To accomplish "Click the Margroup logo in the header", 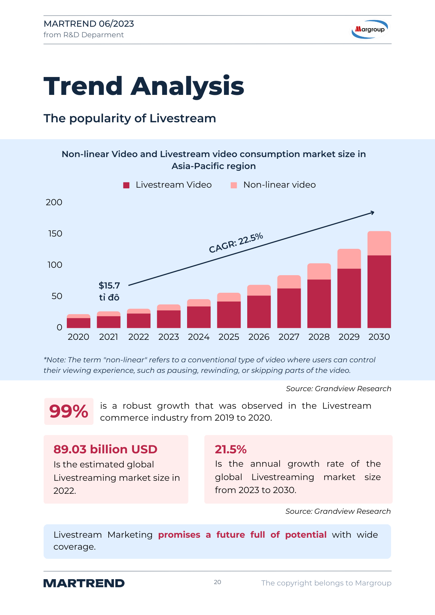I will click(x=370, y=29).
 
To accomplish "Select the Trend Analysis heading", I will click(x=144, y=86).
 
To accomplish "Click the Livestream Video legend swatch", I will click(x=126, y=185).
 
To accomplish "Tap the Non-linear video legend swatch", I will click(x=234, y=185).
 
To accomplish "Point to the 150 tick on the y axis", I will click(x=55, y=234).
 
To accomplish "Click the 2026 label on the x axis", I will click(x=259, y=337).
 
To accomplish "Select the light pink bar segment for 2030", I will click(x=379, y=243).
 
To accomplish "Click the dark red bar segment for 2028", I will click(x=319, y=304).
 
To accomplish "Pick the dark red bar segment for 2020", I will click(x=78, y=323).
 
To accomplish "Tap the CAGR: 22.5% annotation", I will click(x=236, y=243).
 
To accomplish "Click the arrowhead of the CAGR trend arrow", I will click(x=372, y=212).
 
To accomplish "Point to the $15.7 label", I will click(x=109, y=285).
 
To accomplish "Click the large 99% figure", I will click(x=69, y=412).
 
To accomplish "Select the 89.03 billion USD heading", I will click(x=105, y=449).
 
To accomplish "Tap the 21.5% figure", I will click(x=231, y=449).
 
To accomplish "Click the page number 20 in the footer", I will click(x=218, y=582).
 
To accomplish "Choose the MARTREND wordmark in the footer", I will click(x=84, y=583).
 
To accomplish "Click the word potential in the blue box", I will click(x=306, y=535).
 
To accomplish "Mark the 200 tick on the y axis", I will click(x=54, y=202).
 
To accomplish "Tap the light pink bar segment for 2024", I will click(x=199, y=303).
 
